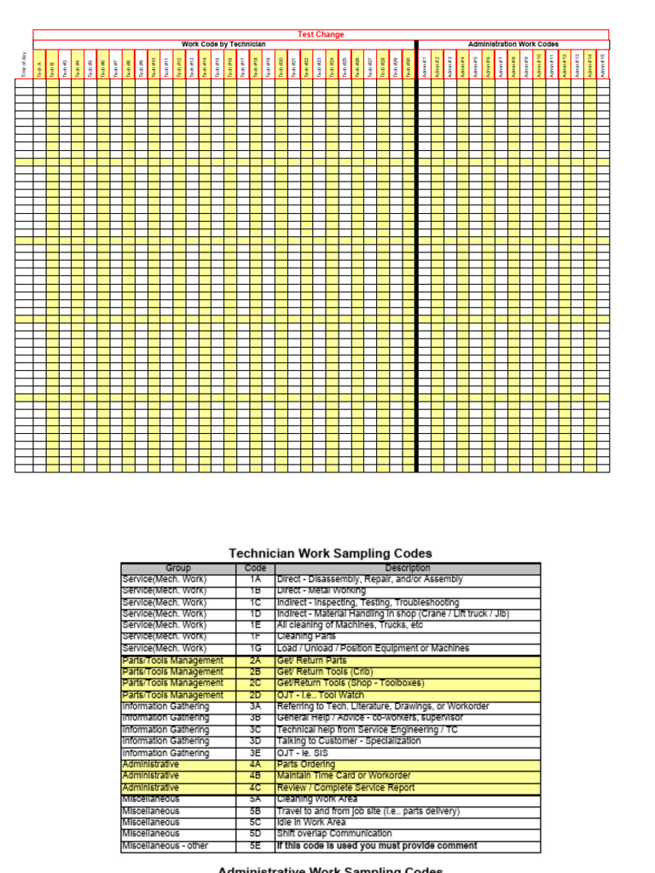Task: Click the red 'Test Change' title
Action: pyautogui.click(x=321, y=35)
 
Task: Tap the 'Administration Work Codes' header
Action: pyautogui.click(x=513, y=44)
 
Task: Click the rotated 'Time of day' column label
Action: pyautogui.click(x=24, y=66)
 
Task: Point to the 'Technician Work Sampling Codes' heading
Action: pyautogui.click(x=330, y=553)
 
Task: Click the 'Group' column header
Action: pyautogui.click(x=178, y=568)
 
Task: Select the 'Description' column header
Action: pyautogui.click(x=407, y=568)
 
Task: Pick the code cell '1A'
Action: pyautogui.click(x=255, y=580)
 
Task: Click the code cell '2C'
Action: pyautogui.click(x=255, y=684)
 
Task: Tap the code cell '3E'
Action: pyautogui.click(x=255, y=753)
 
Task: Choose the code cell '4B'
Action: pyautogui.click(x=255, y=776)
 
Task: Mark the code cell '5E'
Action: pyautogui.click(x=255, y=846)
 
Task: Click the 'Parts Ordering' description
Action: pyautogui.click(x=305, y=765)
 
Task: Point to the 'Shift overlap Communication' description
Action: pyautogui.click(x=334, y=834)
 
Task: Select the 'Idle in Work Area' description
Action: pyautogui.click(x=312, y=823)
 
